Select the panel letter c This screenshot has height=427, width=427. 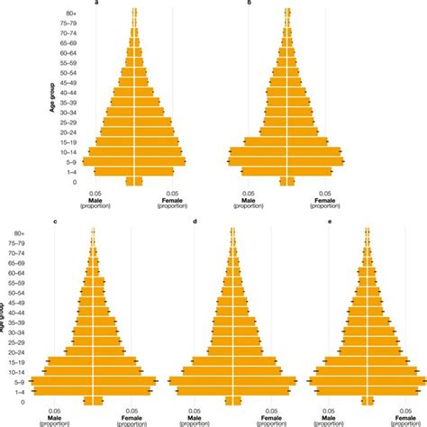click(x=55, y=223)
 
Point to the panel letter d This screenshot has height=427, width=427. click(x=195, y=223)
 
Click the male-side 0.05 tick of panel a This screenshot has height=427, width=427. click(x=96, y=192)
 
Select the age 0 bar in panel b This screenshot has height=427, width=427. click(x=287, y=181)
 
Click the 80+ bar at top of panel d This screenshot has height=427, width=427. click(x=232, y=232)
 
